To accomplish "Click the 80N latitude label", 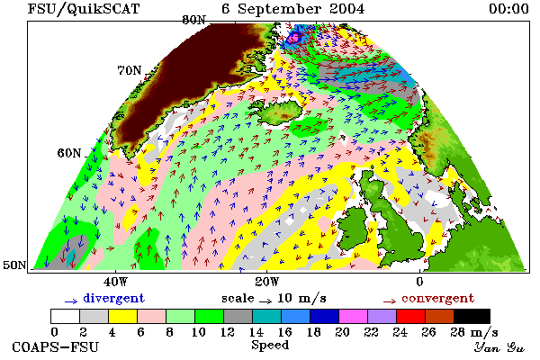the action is [x=193, y=20].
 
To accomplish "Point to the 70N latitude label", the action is [x=130, y=70].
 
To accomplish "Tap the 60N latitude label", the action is [x=69, y=153].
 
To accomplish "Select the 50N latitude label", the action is [x=14, y=265].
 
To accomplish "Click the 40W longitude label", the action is [x=115, y=282].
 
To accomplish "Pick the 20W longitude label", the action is [x=267, y=282].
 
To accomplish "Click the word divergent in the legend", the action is [x=113, y=298].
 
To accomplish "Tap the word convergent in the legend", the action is [x=438, y=298].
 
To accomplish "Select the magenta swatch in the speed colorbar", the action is [x=354, y=316].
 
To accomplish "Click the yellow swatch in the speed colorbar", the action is [x=123, y=316].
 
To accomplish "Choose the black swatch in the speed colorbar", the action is [x=472, y=316].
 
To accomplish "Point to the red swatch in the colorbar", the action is [x=411, y=316].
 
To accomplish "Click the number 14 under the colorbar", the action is [x=256, y=332].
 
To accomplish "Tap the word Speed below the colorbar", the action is [x=270, y=346].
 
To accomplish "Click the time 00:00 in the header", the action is [x=508, y=9].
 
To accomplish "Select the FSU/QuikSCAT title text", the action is [x=84, y=9].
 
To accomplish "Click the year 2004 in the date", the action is [x=346, y=9].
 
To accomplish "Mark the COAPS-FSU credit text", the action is [x=56, y=346].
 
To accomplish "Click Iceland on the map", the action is [x=279, y=111].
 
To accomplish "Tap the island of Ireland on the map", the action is [x=355, y=228].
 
